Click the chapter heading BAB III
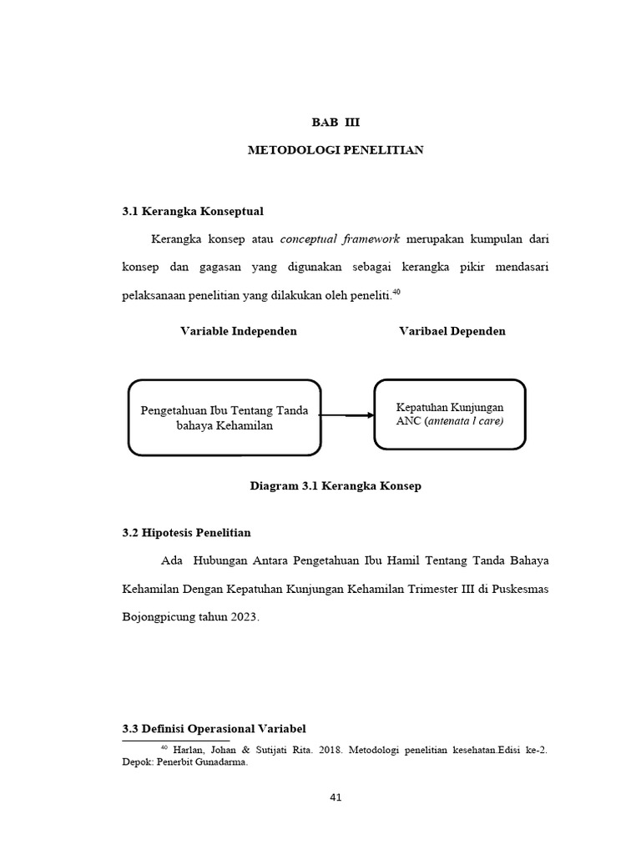[336, 122]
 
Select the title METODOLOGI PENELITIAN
[336, 150]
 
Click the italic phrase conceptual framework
[340, 239]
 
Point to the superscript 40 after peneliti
[396, 292]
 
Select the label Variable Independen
[239, 331]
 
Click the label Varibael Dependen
[452, 331]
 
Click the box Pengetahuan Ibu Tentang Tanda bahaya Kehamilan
[225, 418]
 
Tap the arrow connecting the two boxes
[346, 415]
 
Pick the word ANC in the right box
[409, 421]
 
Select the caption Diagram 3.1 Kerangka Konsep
[336, 486]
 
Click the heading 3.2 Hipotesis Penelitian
[186, 532]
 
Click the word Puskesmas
[519, 589]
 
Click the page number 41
[336, 797]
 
